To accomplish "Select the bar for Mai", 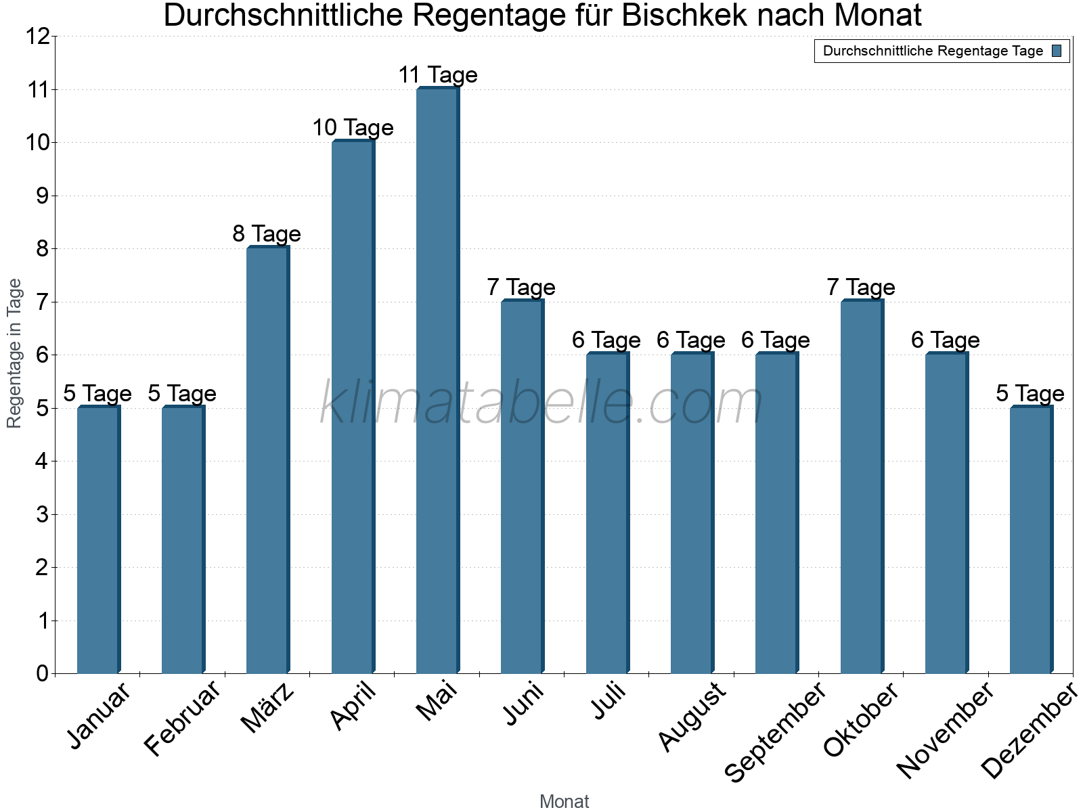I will (437, 380).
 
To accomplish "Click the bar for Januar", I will (98, 539).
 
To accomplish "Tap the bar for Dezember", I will (1031, 539).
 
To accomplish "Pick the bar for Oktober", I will (861, 487).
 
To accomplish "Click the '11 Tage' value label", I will (437, 75).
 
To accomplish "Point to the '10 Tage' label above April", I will (353, 128).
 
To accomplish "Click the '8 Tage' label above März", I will (267, 234).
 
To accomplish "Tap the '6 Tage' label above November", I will (946, 340).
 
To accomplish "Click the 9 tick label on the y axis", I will (43, 196).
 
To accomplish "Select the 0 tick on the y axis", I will (43, 673).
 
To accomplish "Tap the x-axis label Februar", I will (183, 719).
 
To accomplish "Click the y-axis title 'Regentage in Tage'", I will (15, 353).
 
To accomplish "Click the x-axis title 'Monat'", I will (564, 801).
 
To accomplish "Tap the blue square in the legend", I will (1057, 51).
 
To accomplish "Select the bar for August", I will (691, 513).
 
